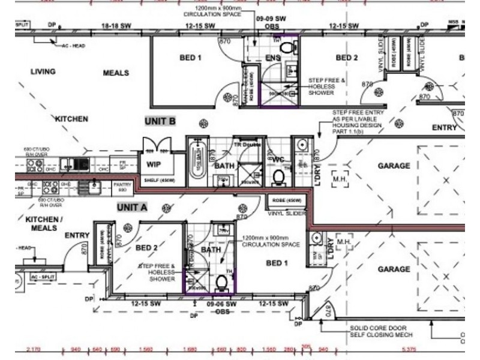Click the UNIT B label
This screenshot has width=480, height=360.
click(160, 121)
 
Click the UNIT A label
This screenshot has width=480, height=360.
click(132, 207)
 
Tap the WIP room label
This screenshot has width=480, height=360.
click(152, 164)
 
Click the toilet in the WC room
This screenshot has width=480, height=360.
click(278, 176)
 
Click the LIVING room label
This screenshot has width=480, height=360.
click(43, 72)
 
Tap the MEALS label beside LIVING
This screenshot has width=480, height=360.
click(116, 73)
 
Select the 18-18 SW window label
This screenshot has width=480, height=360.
click(117, 26)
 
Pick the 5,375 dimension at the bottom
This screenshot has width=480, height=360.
click(407, 349)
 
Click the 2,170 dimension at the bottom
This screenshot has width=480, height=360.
click(35, 349)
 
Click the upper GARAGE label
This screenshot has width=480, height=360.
click(394, 166)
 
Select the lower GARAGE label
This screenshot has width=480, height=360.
click(394, 270)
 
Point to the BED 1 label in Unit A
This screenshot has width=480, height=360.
click(277, 263)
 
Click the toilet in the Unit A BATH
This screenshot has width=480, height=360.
click(220, 283)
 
